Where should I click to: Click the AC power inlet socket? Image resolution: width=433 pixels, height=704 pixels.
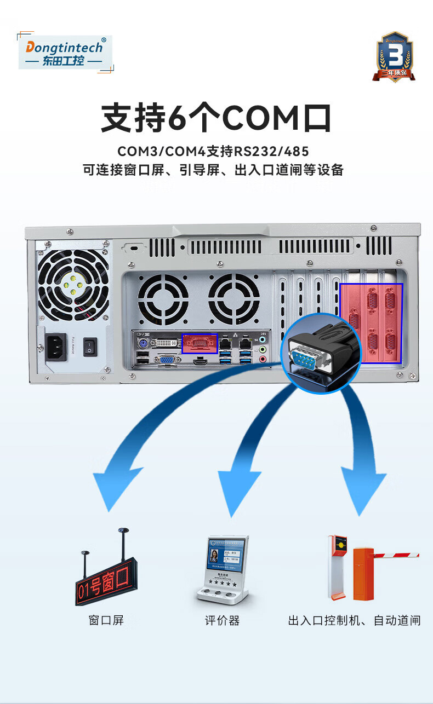coord(56,347)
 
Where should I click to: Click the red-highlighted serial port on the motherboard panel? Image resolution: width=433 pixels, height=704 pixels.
coord(200,343)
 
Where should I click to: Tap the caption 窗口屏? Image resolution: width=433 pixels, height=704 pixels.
coord(106,620)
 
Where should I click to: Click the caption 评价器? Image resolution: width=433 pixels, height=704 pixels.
coord(223,620)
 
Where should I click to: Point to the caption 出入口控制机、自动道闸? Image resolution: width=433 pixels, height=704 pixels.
coord(354,620)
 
